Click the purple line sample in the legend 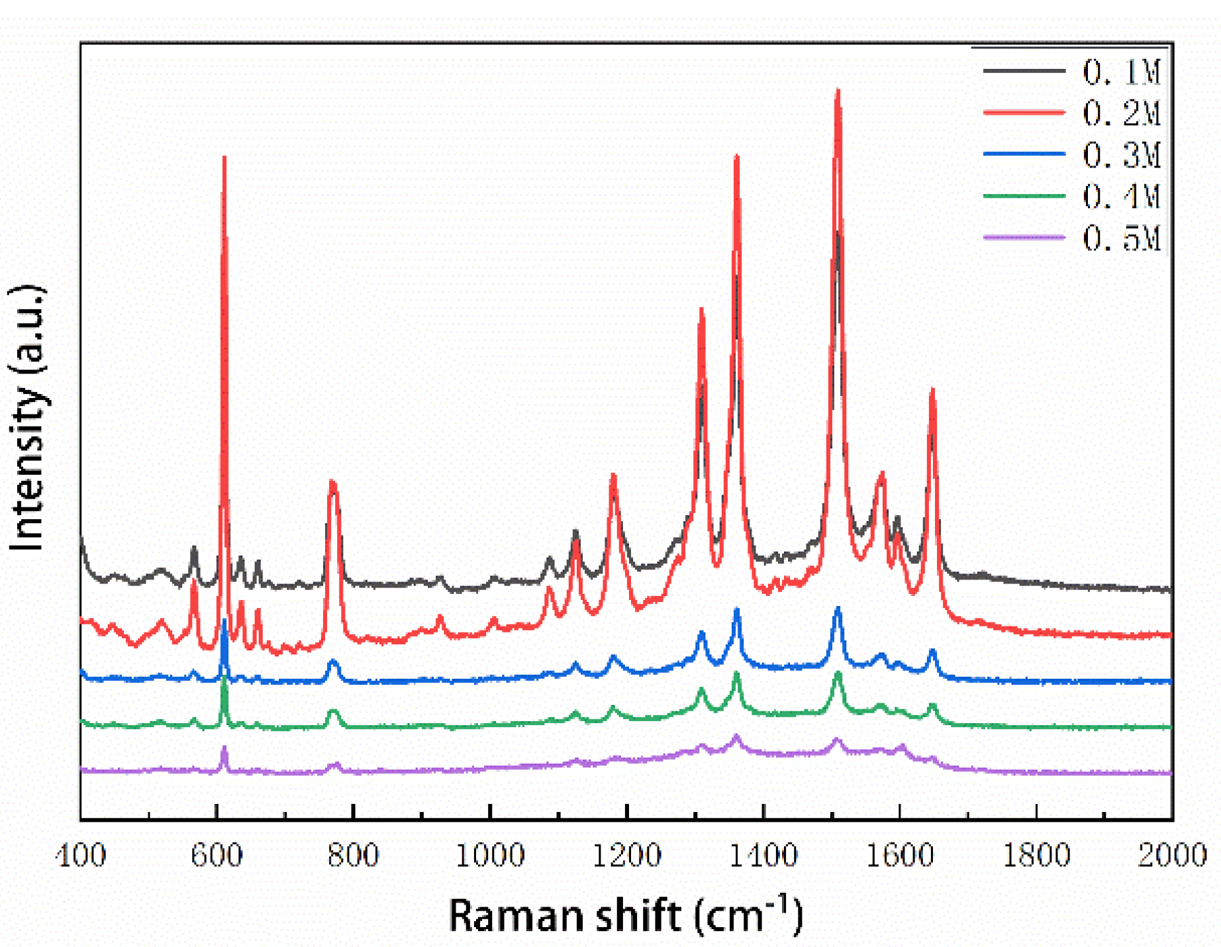point(1024,237)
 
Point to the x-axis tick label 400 point(81,855)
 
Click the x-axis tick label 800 point(354,855)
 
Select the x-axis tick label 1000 point(490,855)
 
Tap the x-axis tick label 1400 point(763,855)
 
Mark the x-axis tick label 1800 point(1036,855)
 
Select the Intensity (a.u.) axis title point(28,417)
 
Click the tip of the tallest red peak point(838,91)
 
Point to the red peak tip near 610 point(224,158)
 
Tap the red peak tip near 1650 point(932,390)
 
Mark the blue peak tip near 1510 point(838,608)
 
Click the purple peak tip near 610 point(224,748)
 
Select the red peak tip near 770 point(332,481)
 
